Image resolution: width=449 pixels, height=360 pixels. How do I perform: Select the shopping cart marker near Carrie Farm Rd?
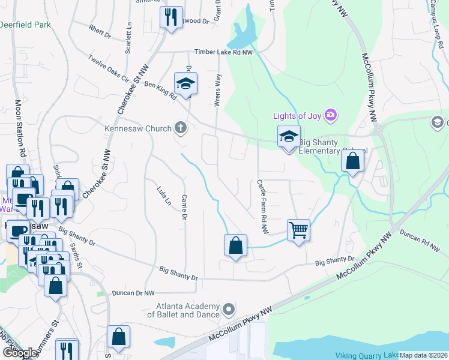point(298,229)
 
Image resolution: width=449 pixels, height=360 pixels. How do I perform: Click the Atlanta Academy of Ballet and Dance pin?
point(228,310)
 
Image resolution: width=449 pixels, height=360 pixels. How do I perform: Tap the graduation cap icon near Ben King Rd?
point(185,83)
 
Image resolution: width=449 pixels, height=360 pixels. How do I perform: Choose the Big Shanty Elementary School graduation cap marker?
point(288,137)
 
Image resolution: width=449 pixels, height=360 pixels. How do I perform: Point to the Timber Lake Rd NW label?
point(223,53)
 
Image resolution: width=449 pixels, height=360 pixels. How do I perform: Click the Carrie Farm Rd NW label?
point(262,206)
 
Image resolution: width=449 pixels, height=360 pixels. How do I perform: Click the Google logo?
point(19,353)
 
